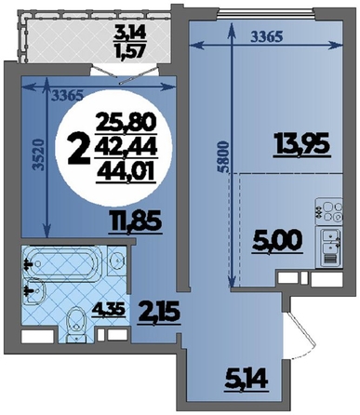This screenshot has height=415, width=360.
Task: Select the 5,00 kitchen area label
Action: (278, 242)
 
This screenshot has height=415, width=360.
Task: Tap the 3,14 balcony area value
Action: (129, 33)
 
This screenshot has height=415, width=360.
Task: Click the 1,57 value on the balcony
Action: (129, 50)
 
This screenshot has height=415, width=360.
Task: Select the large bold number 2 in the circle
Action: (78, 151)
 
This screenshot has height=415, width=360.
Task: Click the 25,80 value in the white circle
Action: (126, 124)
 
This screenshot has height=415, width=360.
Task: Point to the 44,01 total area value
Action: (126, 171)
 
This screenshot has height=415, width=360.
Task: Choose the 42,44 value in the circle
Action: (126, 148)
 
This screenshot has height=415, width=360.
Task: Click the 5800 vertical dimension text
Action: (225, 157)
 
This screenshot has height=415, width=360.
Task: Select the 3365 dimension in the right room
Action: (267, 37)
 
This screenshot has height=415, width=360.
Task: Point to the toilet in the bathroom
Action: (75, 324)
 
